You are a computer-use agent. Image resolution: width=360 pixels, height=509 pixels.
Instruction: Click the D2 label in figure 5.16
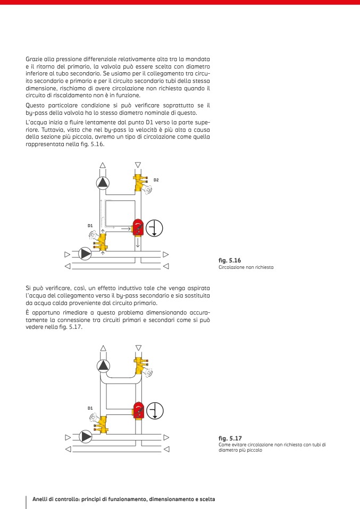(x=156, y=180)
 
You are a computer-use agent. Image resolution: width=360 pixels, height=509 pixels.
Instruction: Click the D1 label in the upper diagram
(x=90, y=226)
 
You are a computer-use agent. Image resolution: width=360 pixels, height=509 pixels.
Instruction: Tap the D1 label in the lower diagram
(x=90, y=408)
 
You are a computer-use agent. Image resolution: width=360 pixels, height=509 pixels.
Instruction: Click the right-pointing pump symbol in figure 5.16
(x=85, y=253)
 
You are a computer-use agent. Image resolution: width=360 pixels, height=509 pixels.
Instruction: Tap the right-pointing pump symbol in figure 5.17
(x=85, y=437)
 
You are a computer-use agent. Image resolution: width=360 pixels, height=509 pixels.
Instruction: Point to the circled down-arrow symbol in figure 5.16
(x=154, y=228)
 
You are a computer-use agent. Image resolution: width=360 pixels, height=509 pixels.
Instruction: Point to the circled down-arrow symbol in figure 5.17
(x=155, y=411)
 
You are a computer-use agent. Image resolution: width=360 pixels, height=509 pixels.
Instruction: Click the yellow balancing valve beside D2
(x=140, y=183)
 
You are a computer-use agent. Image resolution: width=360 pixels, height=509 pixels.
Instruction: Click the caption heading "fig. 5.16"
(x=230, y=261)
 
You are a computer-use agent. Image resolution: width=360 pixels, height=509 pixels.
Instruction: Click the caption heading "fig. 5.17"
(x=230, y=438)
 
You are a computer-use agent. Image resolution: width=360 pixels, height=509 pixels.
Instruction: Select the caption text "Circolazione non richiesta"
(x=246, y=267)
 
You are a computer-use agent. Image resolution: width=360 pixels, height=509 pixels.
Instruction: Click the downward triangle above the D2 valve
(x=138, y=165)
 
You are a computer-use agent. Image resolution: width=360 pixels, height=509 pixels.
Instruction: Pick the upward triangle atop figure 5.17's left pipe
(x=103, y=348)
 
